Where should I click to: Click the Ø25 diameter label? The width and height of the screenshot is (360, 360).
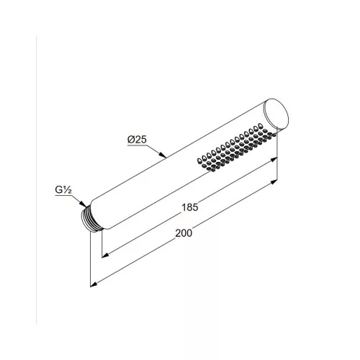point(137,140)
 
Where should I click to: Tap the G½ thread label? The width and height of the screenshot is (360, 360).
point(63,189)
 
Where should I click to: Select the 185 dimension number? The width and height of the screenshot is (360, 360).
point(190,207)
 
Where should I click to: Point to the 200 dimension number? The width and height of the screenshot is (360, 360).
point(184,233)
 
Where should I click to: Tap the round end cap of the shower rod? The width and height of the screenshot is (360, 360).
point(276,114)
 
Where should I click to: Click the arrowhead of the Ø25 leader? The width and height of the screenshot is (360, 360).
point(163,155)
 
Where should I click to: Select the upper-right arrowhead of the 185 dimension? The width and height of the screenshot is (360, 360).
point(274,159)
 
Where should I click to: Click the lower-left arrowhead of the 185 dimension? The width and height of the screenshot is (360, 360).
point(106,255)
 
